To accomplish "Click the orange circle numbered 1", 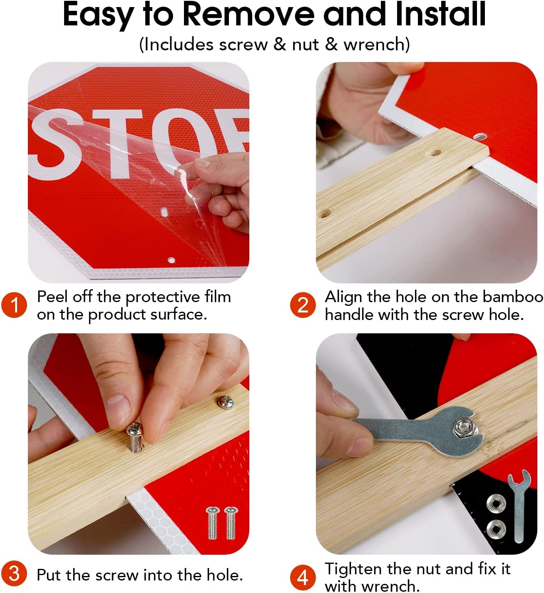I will tap(14, 305).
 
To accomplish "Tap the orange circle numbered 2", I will tap(303, 305).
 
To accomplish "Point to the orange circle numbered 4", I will tap(303, 577).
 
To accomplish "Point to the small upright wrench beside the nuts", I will tap(518, 505).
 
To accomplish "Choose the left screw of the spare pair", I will tap(212, 523).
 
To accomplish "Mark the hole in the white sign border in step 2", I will tap(479, 136).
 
